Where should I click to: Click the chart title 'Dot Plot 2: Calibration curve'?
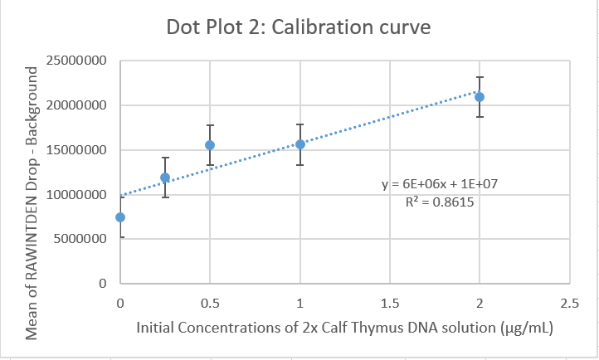(x=299, y=27)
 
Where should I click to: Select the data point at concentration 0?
(x=120, y=217)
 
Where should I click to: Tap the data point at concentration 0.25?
(x=165, y=178)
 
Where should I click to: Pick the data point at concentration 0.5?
(x=210, y=145)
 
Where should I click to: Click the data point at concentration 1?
(x=300, y=144)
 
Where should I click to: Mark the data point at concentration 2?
(x=480, y=97)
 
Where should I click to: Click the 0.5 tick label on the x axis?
(x=210, y=304)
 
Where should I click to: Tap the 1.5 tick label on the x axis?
(x=390, y=304)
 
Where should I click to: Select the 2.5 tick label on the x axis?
(x=569, y=304)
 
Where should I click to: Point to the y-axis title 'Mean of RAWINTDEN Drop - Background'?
(x=32, y=202)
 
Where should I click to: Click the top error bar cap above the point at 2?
(x=480, y=77)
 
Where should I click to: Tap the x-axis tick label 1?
(x=300, y=304)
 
